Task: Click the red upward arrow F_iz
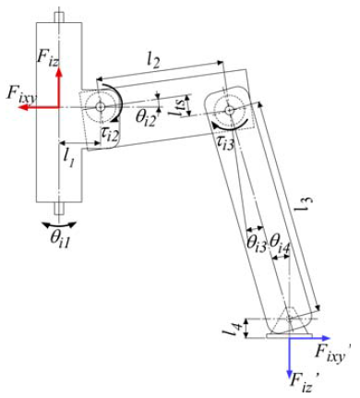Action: coord(59,87)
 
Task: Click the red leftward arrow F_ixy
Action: coord(38,107)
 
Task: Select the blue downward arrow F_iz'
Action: coord(289,357)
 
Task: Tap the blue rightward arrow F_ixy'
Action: coord(309,338)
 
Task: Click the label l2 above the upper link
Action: coord(152,62)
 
